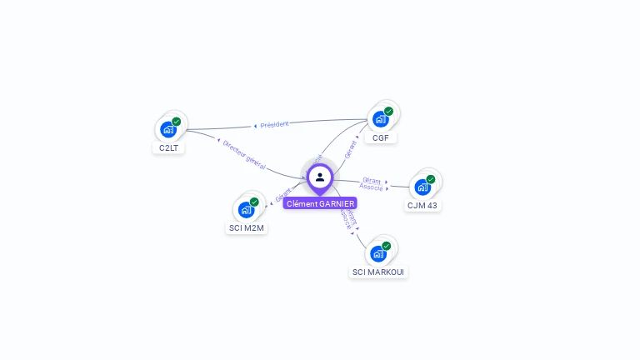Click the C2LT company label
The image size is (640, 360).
pyautogui.click(x=169, y=148)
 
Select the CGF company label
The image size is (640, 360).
pyautogui.click(x=380, y=137)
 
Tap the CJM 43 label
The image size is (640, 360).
pyautogui.click(x=422, y=205)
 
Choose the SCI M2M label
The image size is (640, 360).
pyautogui.click(x=246, y=227)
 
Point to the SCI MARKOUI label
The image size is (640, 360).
pyautogui.click(x=378, y=272)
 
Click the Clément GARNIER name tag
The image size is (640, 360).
pyautogui.click(x=320, y=203)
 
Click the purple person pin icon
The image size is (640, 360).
pyautogui.click(x=320, y=177)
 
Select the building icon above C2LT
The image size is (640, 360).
pyautogui.click(x=168, y=129)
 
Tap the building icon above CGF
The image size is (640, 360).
pyautogui.click(x=380, y=118)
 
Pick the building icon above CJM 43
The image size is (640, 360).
pyautogui.click(x=422, y=187)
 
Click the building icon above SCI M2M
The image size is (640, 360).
pyautogui.click(x=246, y=209)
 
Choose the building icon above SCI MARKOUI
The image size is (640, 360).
pyautogui.click(x=378, y=253)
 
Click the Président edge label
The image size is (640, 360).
pyautogui.click(x=274, y=125)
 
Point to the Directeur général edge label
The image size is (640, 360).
pyautogui.click(x=244, y=155)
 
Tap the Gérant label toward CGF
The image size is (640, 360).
pyautogui.click(x=351, y=149)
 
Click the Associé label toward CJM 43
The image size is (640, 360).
pyautogui.click(x=372, y=187)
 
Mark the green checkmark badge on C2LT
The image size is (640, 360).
pyautogui.click(x=177, y=122)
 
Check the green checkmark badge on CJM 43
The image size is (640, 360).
pyautogui.click(x=431, y=179)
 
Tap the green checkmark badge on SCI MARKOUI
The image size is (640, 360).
pyautogui.click(x=387, y=246)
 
